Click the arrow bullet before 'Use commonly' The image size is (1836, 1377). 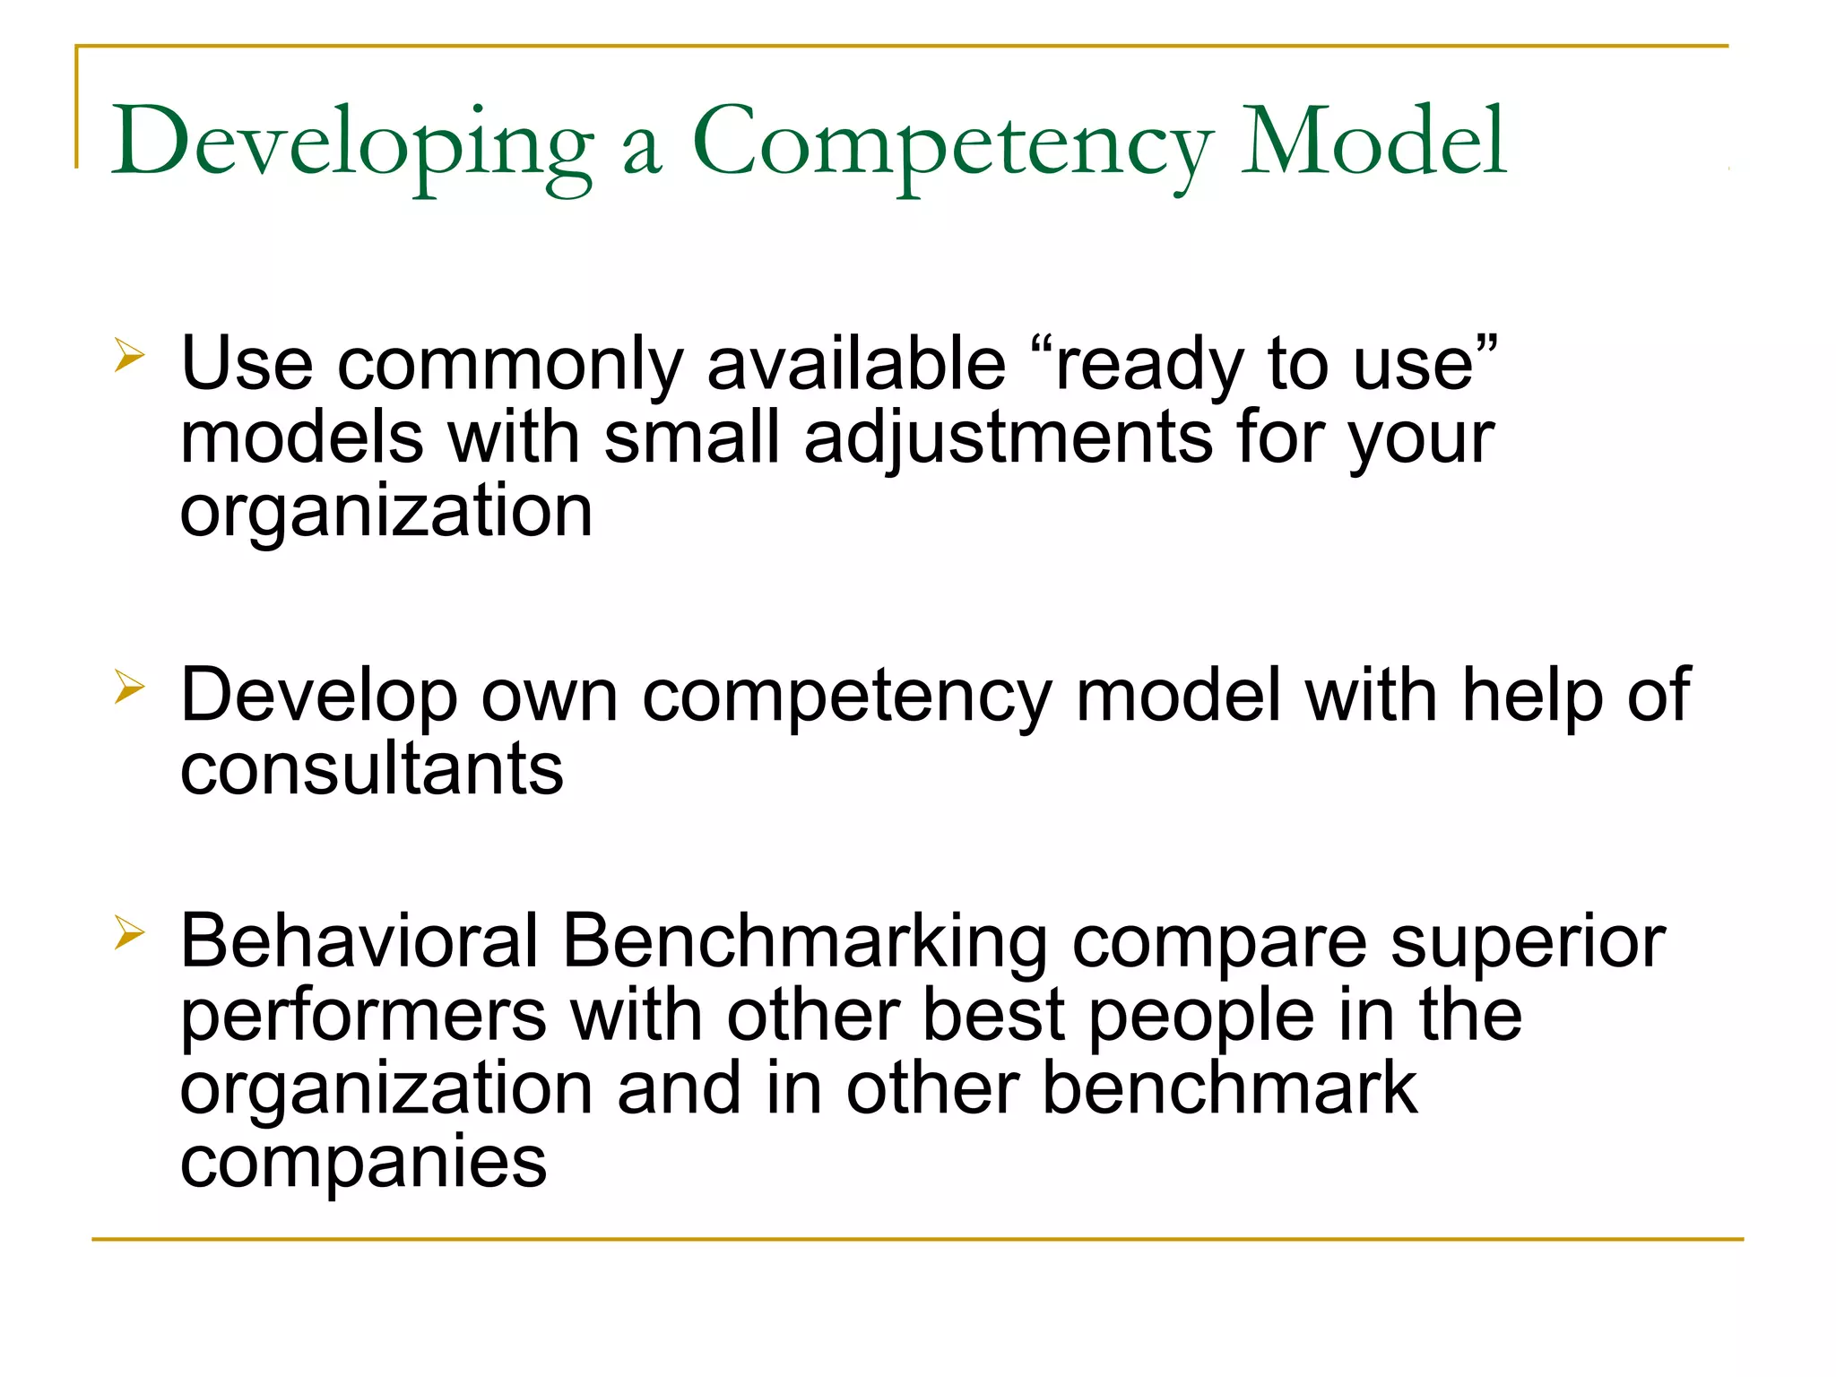(x=129, y=357)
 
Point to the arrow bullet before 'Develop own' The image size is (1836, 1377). (x=129, y=688)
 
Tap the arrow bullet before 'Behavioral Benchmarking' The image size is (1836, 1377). (x=129, y=934)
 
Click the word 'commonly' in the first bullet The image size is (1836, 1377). (x=509, y=366)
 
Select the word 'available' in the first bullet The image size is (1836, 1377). (x=856, y=364)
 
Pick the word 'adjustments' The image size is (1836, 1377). (x=1008, y=439)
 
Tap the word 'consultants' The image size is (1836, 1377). (x=372, y=769)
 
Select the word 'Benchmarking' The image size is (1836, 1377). (x=804, y=943)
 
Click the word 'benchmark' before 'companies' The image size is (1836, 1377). (x=1229, y=1088)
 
